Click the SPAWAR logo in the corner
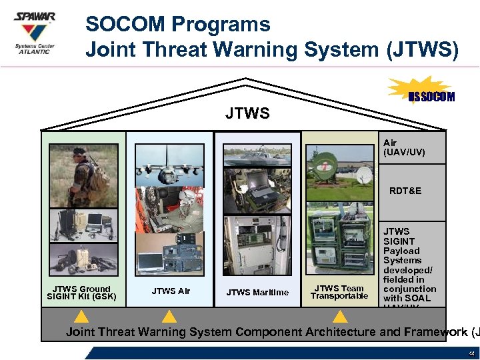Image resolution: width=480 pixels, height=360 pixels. coord(35,33)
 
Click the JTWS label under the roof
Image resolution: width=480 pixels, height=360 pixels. coord(247,114)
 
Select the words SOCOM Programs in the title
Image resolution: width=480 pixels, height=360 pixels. coord(178,25)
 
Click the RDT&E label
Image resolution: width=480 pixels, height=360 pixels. coord(405,191)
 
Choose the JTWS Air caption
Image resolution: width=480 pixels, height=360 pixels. coord(171,291)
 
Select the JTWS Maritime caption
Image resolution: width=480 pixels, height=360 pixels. coord(257,292)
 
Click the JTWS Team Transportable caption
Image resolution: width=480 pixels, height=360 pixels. coord(339,292)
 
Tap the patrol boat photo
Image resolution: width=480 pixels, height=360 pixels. coord(257,155)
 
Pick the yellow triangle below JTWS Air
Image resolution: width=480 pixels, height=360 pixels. coord(170,316)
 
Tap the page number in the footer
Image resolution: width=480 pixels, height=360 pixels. coord(472,353)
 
